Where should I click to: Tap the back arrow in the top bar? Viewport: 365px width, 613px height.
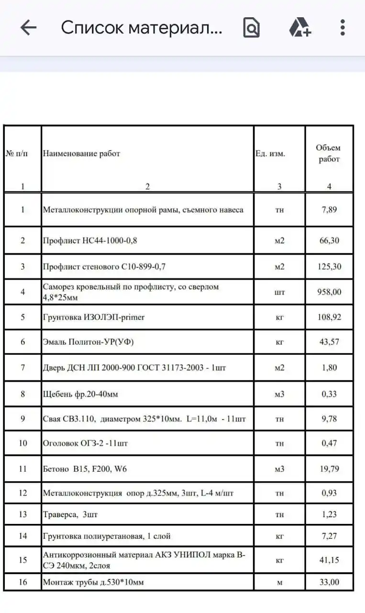(x=28, y=28)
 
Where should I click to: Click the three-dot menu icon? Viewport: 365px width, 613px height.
(x=343, y=28)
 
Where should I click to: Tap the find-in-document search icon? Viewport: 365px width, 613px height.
(x=252, y=28)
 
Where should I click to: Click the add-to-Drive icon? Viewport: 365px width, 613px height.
(x=300, y=28)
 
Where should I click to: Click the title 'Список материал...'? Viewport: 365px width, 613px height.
(x=142, y=28)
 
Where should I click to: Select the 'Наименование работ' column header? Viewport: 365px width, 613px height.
(x=81, y=154)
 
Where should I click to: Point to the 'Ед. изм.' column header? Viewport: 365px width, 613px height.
(x=270, y=154)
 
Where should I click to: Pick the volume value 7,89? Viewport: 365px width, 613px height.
(x=329, y=210)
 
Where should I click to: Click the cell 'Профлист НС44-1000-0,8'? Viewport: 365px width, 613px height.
(x=90, y=240)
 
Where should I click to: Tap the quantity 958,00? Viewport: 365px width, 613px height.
(x=329, y=292)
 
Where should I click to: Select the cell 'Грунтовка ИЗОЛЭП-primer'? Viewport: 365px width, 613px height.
(x=94, y=317)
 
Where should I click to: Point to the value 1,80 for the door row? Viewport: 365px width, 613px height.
(x=329, y=368)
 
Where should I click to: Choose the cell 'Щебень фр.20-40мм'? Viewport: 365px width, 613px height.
(x=80, y=394)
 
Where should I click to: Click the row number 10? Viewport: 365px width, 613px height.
(x=22, y=443)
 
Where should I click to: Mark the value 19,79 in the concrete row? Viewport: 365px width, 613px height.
(x=329, y=469)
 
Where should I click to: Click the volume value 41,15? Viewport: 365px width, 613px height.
(x=329, y=559)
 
